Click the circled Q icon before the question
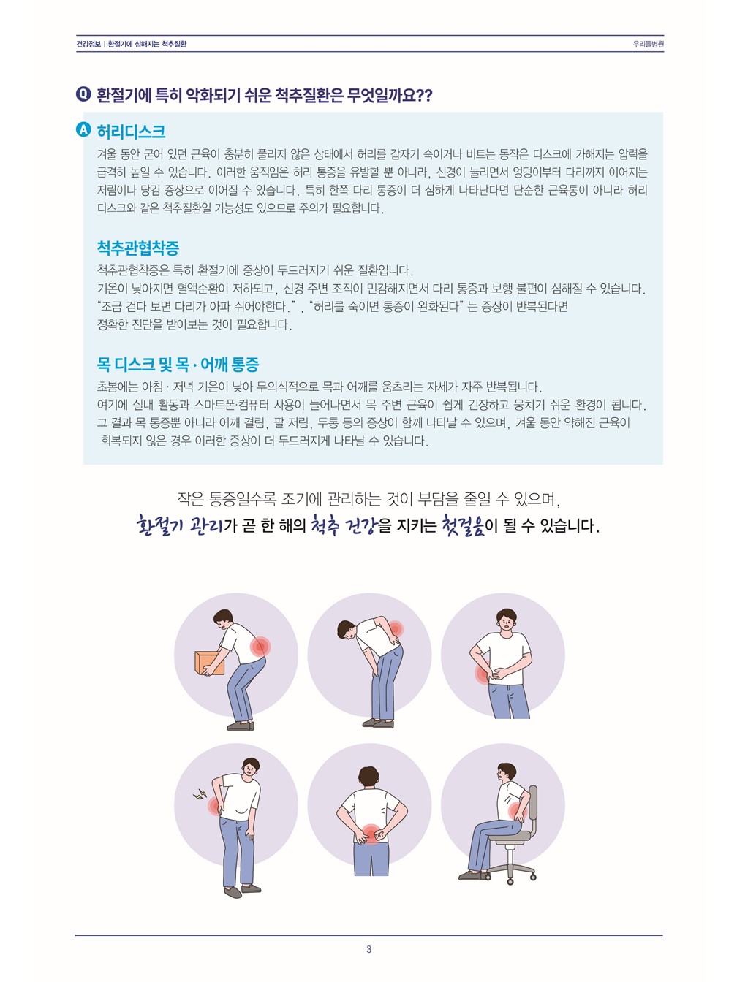pos(83,94)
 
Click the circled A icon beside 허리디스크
pos(83,130)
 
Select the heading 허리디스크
pos(131,131)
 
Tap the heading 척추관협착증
pos(138,248)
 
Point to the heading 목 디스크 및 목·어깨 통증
pos(178,364)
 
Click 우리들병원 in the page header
pos(648,44)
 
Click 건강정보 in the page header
pos(88,44)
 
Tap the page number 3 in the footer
pos(368,949)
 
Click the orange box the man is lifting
pos(209,663)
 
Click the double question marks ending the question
pos(424,95)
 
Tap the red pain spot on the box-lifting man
pos(260,647)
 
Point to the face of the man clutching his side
pos(506,621)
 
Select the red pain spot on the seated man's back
pos(517,810)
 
